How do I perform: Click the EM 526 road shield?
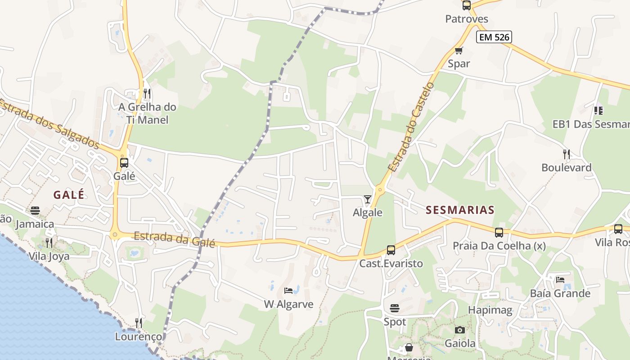tap(494, 37)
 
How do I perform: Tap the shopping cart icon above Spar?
tap(459, 51)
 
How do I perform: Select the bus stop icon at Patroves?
tap(467, 5)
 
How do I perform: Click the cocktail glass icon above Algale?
tap(368, 199)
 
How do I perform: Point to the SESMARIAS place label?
tap(460, 210)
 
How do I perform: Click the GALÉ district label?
tap(69, 195)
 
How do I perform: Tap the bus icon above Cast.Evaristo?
tap(391, 250)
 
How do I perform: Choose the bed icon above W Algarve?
tap(288, 291)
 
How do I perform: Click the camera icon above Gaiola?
tap(459, 330)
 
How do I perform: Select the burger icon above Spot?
tap(395, 308)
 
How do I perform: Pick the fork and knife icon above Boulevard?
tap(567, 154)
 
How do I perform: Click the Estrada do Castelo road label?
tap(412, 127)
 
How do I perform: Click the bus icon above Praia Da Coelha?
tap(499, 233)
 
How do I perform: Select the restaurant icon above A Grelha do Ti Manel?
tap(147, 94)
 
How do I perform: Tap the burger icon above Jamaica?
tap(35, 211)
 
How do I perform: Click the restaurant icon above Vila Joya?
tap(49, 243)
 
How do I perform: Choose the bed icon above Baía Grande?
tap(560, 280)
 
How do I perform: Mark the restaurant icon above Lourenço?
tap(139, 323)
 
